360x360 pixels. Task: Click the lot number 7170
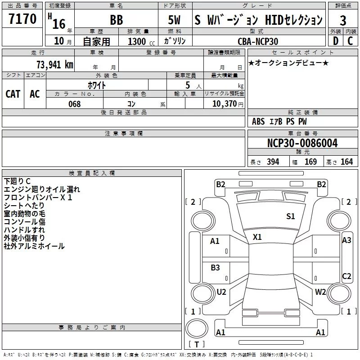point(22,18)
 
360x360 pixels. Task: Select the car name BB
point(117,20)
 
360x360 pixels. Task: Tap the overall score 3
point(343,21)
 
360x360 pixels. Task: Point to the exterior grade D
point(336,41)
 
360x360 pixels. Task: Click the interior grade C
point(350,41)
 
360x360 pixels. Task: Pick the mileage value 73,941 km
point(55,65)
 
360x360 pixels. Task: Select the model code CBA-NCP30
point(258,41)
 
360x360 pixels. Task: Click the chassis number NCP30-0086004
point(302,143)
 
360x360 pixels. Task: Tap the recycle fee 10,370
point(224,104)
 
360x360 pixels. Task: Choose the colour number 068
point(74,104)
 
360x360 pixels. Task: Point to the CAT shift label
point(13,94)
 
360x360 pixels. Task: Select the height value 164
point(346,162)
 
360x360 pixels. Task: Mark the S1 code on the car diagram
point(290,216)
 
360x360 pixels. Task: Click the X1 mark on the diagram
point(257,237)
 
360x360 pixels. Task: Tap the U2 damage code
point(221,292)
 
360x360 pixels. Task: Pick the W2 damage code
point(320,292)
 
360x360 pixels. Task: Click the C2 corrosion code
point(346,276)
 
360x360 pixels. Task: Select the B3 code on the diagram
point(215,267)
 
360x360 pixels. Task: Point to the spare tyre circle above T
point(197,328)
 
